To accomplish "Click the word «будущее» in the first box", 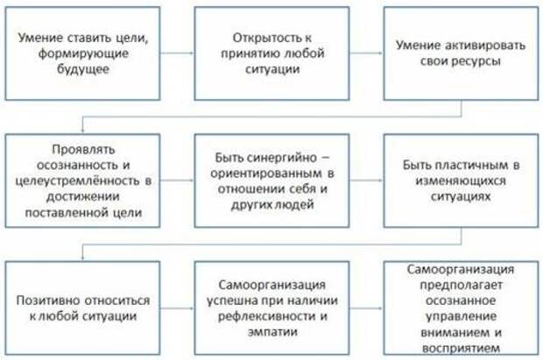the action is click(83, 70).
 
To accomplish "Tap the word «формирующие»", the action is click(83, 53).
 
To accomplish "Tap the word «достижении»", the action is click(83, 197).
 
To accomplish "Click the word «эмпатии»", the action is click(272, 332).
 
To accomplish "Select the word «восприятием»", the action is click(461, 348).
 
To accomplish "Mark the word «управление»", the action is click(461, 316).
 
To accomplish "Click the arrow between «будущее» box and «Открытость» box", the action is click(177, 53).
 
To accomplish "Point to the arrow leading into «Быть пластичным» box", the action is click(366, 180).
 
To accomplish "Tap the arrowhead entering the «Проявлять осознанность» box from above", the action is click(82, 131).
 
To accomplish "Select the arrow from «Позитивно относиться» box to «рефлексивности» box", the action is click(177, 307).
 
